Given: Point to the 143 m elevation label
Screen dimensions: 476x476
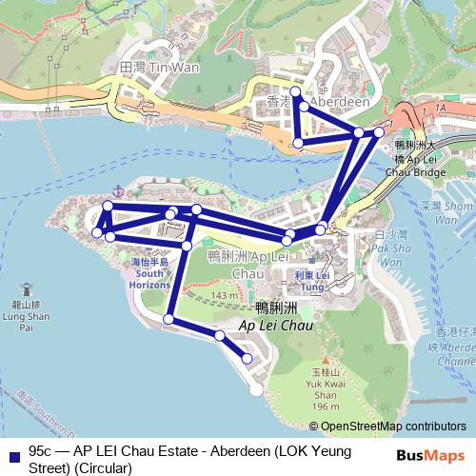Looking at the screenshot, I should coord(225,297).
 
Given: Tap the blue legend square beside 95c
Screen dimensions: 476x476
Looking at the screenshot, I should coord(12,451).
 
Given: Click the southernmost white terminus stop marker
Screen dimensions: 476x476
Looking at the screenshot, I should coord(255,389).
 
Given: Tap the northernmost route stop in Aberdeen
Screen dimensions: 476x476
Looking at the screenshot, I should coord(295,92).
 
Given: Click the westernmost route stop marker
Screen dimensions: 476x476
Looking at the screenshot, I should coord(96,231).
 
